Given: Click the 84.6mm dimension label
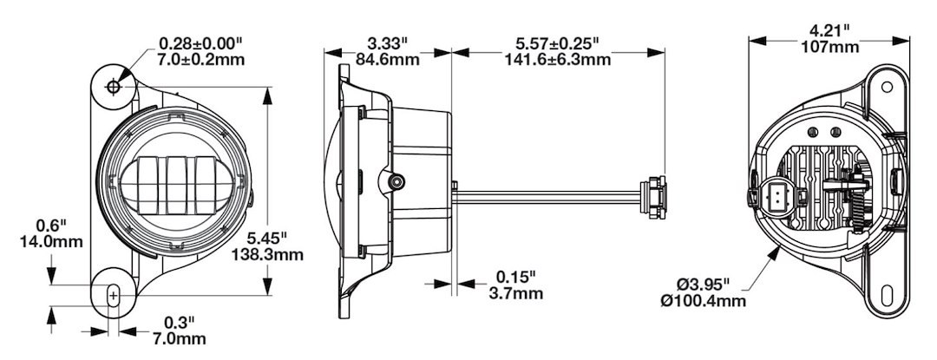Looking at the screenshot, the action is tap(387, 60).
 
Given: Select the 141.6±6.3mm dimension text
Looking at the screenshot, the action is tap(558, 60).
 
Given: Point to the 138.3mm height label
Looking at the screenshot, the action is tap(267, 255).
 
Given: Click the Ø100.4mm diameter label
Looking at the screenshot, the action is tap(704, 301).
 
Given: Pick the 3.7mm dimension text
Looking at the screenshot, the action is tap(515, 293).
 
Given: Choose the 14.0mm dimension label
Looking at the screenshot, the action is tap(51, 242).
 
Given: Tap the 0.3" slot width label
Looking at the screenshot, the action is tap(180, 323).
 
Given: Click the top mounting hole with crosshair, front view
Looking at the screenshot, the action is tap(112, 88).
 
